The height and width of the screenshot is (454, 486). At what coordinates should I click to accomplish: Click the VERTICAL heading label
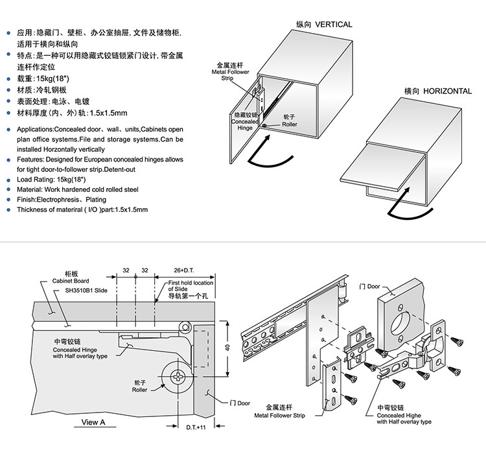point(324,25)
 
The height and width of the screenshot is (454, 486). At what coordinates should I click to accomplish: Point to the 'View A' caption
point(93,422)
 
